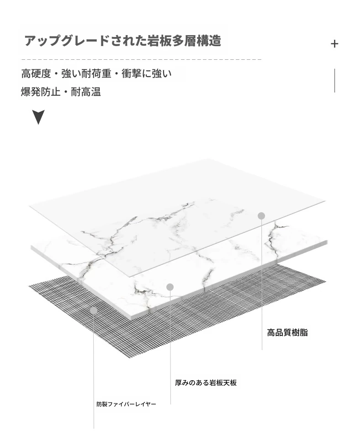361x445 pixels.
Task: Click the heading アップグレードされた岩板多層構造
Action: tap(123, 41)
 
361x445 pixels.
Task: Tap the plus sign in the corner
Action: tap(334, 44)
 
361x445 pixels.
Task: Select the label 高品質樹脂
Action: tap(287, 332)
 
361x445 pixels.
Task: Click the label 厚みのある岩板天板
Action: tap(206, 382)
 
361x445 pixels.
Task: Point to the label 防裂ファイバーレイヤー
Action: tap(126, 404)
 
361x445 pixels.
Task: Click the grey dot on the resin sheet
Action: tap(261, 216)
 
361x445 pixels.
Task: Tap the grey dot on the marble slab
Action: tap(170, 287)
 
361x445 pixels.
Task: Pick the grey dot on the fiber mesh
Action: tap(94, 310)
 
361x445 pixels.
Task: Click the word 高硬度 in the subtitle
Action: tap(36, 74)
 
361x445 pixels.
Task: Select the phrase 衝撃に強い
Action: tap(147, 74)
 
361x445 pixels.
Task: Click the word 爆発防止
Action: tap(41, 92)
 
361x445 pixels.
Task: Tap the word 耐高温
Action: tap(86, 92)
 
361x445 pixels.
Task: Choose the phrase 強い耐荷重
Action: tap(86, 74)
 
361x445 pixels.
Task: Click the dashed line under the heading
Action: tap(141, 60)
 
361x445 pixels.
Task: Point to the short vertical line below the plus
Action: tap(334, 80)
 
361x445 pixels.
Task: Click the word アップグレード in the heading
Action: tap(67, 41)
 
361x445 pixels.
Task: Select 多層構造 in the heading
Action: tap(196, 41)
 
